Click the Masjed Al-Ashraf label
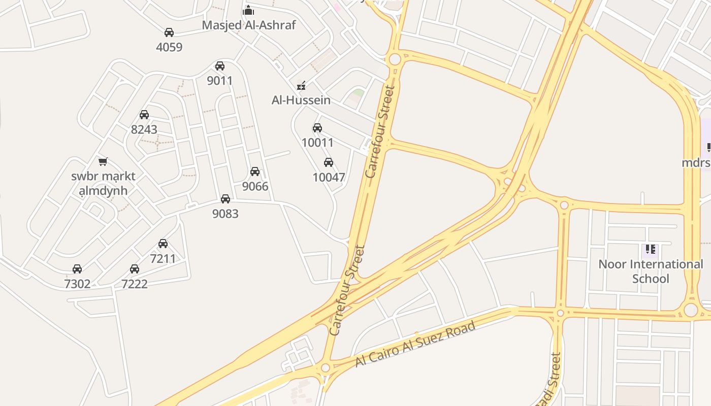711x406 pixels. tap(248, 25)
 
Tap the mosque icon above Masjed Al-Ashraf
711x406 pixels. tap(248, 10)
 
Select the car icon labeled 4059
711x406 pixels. tap(169, 32)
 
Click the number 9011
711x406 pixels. tap(220, 81)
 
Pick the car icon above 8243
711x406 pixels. tap(144, 115)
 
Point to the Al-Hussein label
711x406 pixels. tap(301, 100)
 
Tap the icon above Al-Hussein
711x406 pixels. tap(302, 86)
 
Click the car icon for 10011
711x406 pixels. tap(317, 128)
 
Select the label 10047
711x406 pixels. tap(329, 178)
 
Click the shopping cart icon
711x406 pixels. tap(103, 162)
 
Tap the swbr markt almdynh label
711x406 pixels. tap(104, 184)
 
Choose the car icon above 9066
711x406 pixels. tap(255, 172)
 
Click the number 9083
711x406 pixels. tap(225, 214)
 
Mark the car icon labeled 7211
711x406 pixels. tap(163, 244)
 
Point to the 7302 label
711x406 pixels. tap(77, 284)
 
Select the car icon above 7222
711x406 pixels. tap(135, 269)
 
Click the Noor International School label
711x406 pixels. tap(651, 271)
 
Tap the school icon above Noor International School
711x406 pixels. tap(651, 249)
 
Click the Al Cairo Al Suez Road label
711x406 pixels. tap(415, 344)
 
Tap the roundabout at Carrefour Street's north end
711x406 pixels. tap(394, 59)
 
